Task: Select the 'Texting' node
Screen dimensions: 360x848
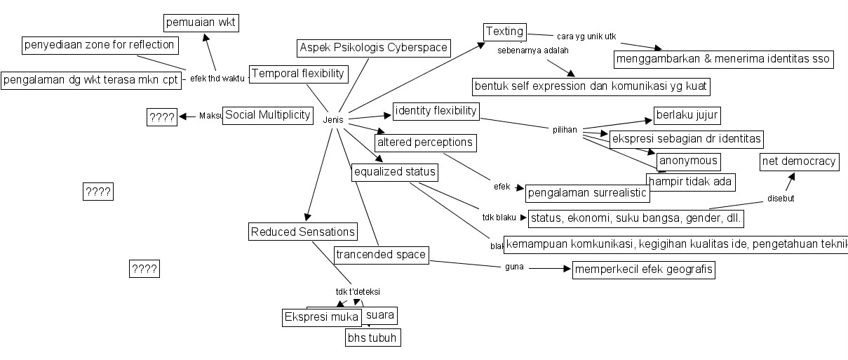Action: pyautogui.click(x=505, y=32)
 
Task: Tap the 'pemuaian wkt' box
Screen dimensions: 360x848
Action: pyautogui.click(x=201, y=23)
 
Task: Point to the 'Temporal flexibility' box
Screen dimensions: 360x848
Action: pyautogui.click(x=299, y=74)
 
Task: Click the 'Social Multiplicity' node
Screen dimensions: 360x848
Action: pyautogui.click(x=267, y=116)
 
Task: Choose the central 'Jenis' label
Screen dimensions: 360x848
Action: pyautogui.click(x=333, y=120)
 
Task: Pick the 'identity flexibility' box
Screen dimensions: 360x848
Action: pyautogui.click(x=436, y=111)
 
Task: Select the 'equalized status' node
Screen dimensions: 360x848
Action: pyautogui.click(x=395, y=172)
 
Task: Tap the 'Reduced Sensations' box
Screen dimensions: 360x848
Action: pyautogui.click(x=303, y=232)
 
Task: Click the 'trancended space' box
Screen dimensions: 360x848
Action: pyautogui.click(x=381, y=255)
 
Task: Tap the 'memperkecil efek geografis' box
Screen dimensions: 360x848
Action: pyautogui.click(x=643, y=269)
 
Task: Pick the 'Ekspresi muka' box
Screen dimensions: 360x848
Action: pyautogui.click(x=321, y=317)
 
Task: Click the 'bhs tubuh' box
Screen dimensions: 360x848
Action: pyautogui.click(x=373, y=338)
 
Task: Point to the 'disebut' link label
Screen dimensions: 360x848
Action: pyautogui.click(x=781, y=199)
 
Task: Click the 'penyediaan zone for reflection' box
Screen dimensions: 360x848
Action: pyautogui.click(x=99, y=46)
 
